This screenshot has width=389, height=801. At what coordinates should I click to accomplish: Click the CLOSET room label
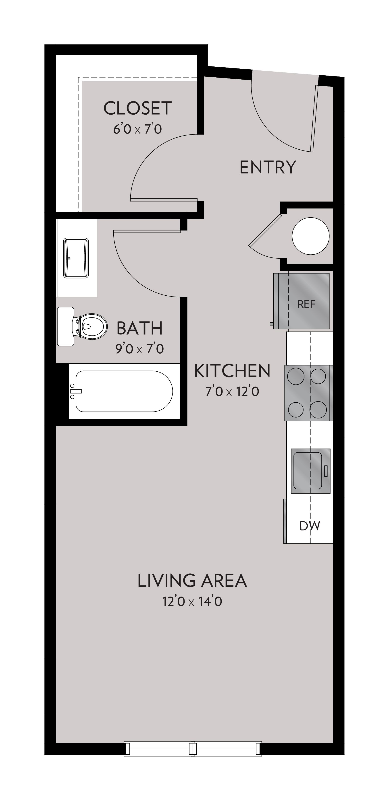137,108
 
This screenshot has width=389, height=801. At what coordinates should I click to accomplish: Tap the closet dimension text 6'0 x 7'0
137,128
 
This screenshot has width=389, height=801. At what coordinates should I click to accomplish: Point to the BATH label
139,328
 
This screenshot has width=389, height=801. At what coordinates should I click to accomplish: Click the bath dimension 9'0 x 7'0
139,349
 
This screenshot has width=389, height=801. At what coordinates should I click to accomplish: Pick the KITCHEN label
232,371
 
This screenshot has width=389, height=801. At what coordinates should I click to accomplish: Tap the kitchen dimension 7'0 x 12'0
232,391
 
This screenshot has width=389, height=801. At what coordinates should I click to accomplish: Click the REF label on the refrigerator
306,304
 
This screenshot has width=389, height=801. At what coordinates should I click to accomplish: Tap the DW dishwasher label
310,526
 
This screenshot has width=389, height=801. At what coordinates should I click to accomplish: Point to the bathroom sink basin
76,258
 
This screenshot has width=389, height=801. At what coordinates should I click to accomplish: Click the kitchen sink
308,470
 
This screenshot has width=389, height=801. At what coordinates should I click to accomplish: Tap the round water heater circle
310,236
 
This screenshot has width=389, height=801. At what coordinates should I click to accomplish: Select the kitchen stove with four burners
307,393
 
